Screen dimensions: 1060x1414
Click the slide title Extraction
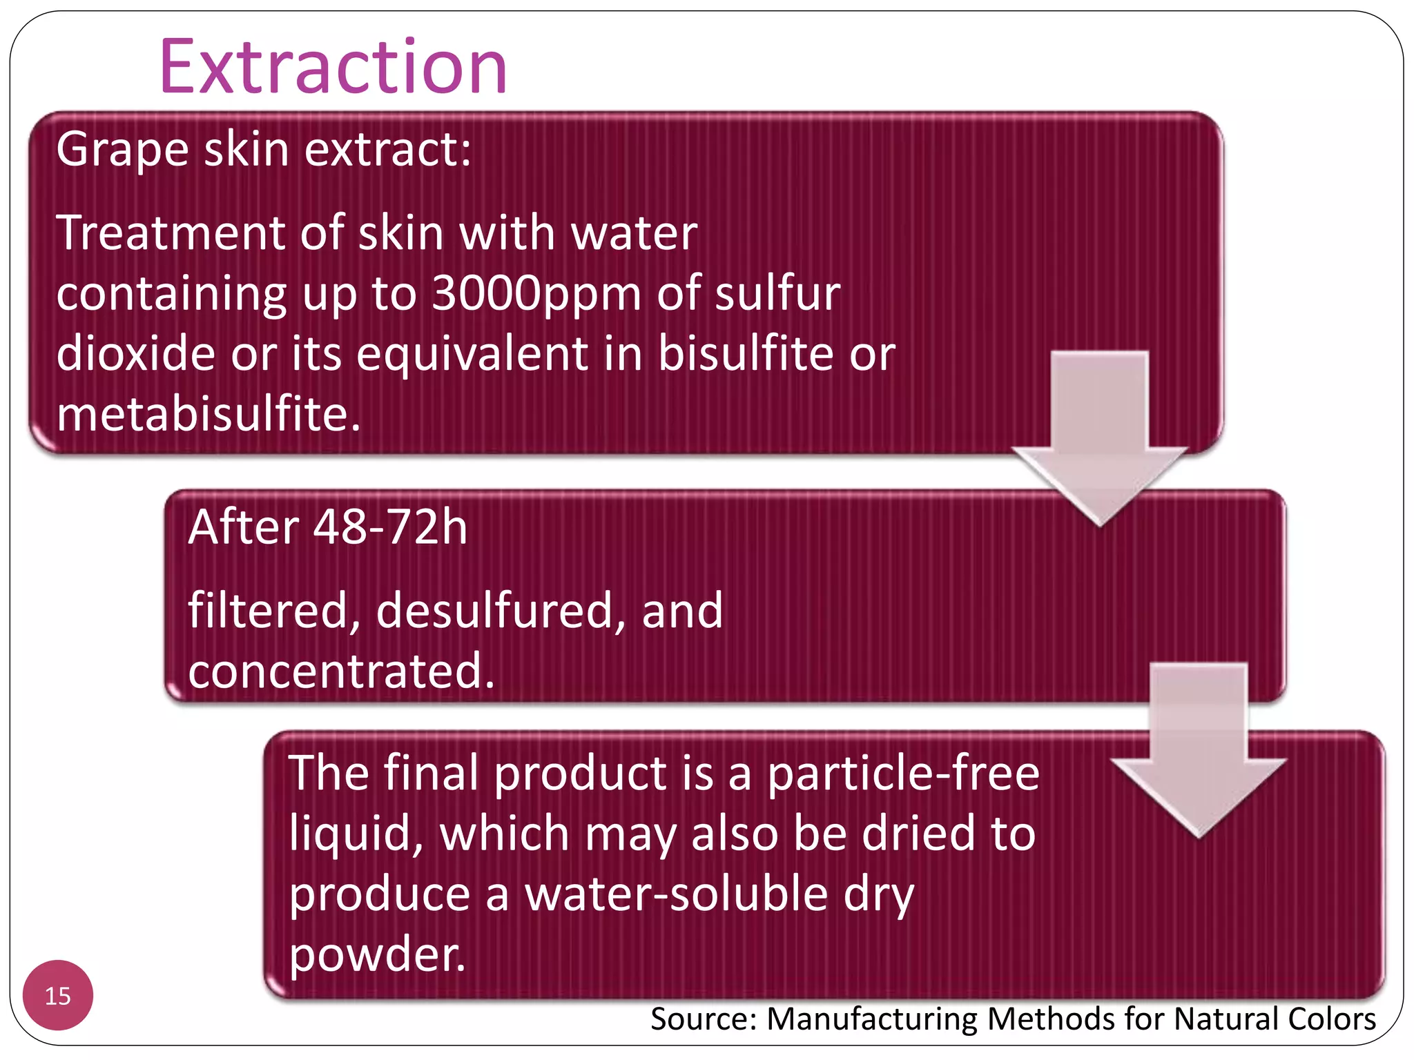pos(333,67)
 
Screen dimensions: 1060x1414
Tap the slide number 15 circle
pos(58,995)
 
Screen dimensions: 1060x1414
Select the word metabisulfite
pos(209,414)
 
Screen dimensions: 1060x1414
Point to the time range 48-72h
pos(390,527)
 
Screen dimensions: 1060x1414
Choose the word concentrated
pos(341,671)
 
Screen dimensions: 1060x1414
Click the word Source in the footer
pos(704,1019)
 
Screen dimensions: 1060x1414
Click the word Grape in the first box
pos(122,150)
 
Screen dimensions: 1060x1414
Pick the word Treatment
pos(170,233)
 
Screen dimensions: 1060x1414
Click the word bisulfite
pos(746,353)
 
